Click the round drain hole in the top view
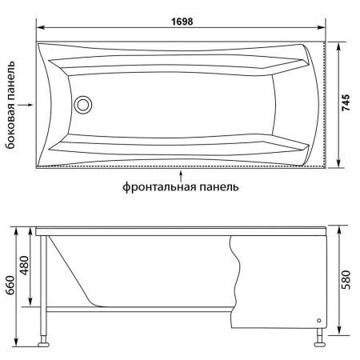(x=83, y=104)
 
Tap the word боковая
(x=10, y=133)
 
